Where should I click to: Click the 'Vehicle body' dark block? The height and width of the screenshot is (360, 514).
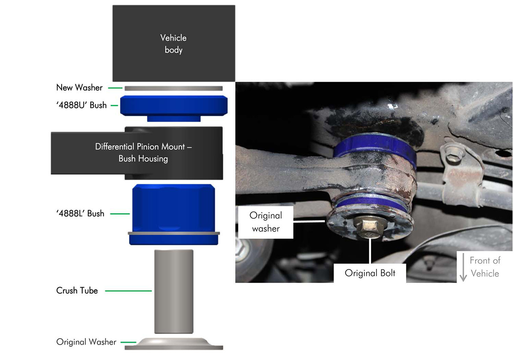(x=174, y=43)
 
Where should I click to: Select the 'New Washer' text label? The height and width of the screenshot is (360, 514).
(x=79, y=88)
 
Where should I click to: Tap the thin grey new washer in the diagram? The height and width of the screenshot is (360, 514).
(x=173, y=88)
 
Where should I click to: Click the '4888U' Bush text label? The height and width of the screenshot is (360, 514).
(x=81, y=105)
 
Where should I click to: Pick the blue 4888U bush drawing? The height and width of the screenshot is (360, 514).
(x=174, y=108)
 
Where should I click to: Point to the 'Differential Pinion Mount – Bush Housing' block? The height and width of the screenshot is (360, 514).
(x=137, y=153)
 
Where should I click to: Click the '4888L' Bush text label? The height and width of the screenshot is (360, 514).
(x=81, y=214)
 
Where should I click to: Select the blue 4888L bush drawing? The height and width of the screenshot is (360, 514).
(x=174, y=214)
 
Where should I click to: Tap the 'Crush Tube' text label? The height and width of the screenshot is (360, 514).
(x=77, y=291)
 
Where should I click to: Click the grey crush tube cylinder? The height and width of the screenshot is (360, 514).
(x=174, y=292)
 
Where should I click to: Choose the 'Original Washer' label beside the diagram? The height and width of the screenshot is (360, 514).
(x=86, y=342)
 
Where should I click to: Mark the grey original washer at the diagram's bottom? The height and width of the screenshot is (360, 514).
(x=174, y=344)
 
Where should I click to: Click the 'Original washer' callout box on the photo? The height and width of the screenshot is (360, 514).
(x=266, y=222)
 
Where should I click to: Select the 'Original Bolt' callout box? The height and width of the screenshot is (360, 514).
(x=370, y=273)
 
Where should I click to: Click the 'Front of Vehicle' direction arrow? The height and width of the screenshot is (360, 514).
(x=463, y=267)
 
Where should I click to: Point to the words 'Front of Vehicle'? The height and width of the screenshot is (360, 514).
(x=485, y=267)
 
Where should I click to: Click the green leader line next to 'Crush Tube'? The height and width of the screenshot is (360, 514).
(x=128, y=291)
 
